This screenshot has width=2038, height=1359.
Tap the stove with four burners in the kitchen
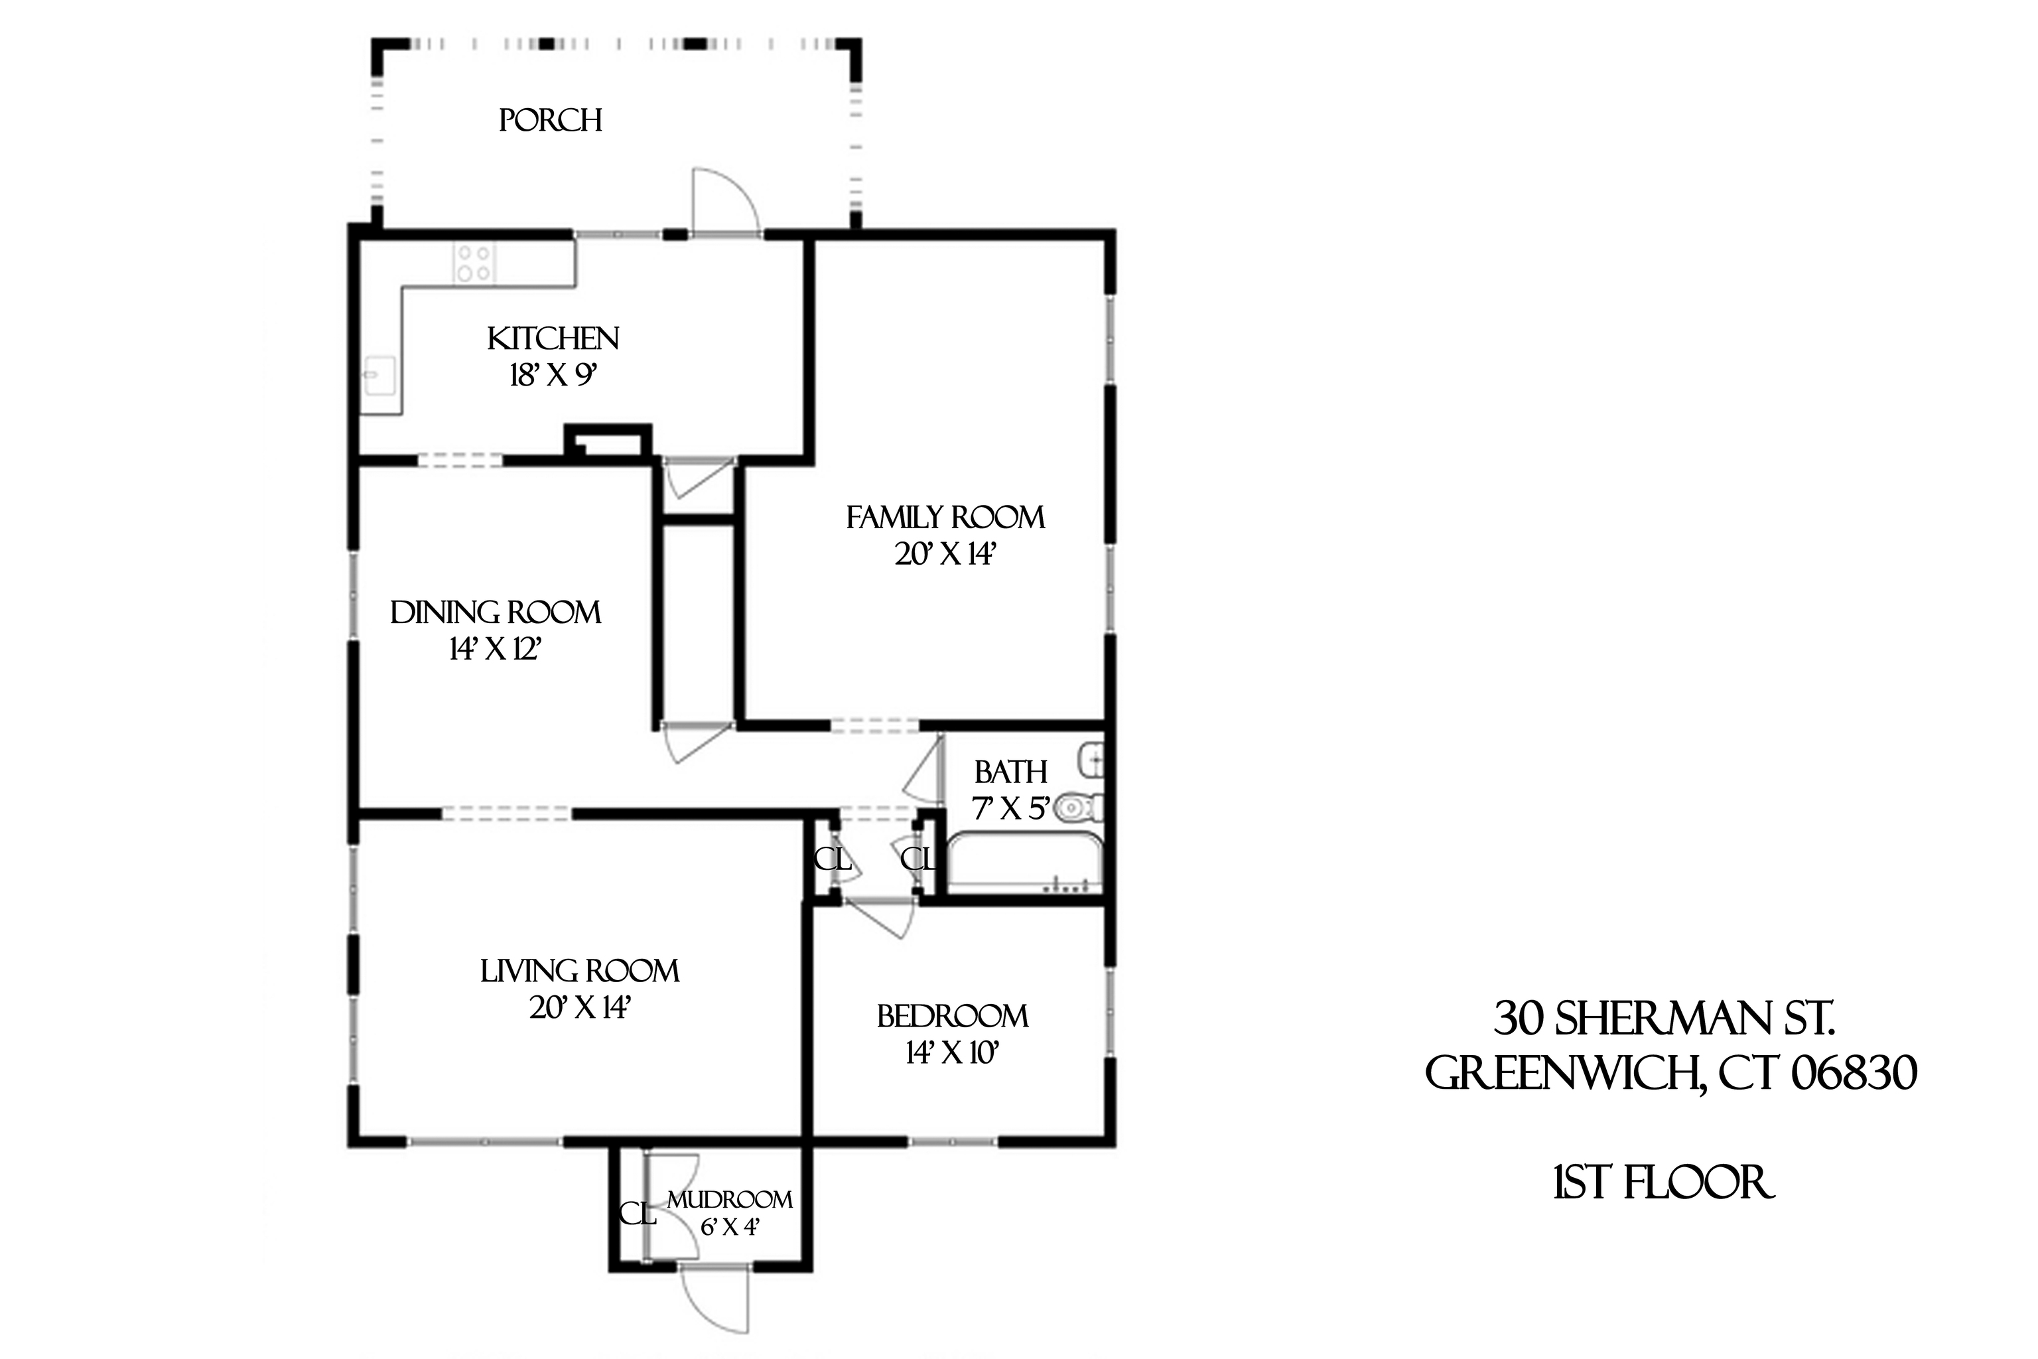[x=474, y=263]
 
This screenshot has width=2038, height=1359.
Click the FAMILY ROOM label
[x=945, y=518]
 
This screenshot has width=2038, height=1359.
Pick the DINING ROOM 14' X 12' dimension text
[x=495, y=648]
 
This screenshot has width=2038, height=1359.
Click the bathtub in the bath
[x=1024, y=863]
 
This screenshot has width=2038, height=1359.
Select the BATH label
[x=1010, y=771]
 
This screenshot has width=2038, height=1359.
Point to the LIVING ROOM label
[x=580, y=971]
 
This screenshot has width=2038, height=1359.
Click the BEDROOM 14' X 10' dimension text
[x=952, y=1052]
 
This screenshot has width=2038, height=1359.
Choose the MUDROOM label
[x=730, y=1200]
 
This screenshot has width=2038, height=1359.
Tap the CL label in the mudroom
[x=637, y=1214]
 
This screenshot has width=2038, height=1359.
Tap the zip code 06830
[x=1854, y=1073]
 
